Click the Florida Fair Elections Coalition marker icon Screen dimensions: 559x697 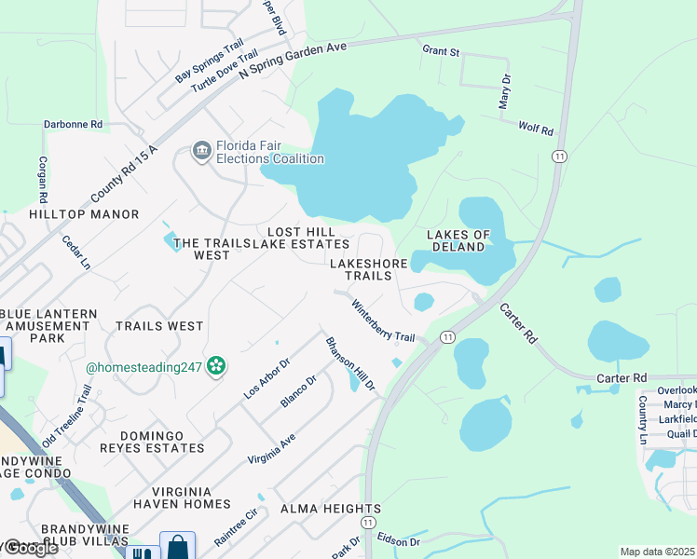pyautogui.click(x=201, y=151)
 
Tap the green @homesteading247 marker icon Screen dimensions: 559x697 pyautogui.click(x=216, y=367)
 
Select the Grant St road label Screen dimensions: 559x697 pyautogui.click(x=441, y=51)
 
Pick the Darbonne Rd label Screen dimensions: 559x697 pyautogui.click(x=72, y=124)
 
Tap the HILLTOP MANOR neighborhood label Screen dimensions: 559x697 pyautogui.click(x=84, y=214)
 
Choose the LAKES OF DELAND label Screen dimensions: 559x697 pyautogui.click(x=456, y=240)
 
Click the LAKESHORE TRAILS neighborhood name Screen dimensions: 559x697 pyautogui.click(x=369, y=269)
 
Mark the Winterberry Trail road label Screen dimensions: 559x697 pyautogui.click(x=382, y=320)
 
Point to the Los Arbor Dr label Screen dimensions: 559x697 pyautogui.click(x=267, y=377)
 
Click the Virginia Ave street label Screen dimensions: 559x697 pyautogui.click(x=271, y=449)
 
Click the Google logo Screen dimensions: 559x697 pyautogui.click(x=30, y=548)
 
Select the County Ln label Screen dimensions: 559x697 pyautogui.click(x=642, y=419)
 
